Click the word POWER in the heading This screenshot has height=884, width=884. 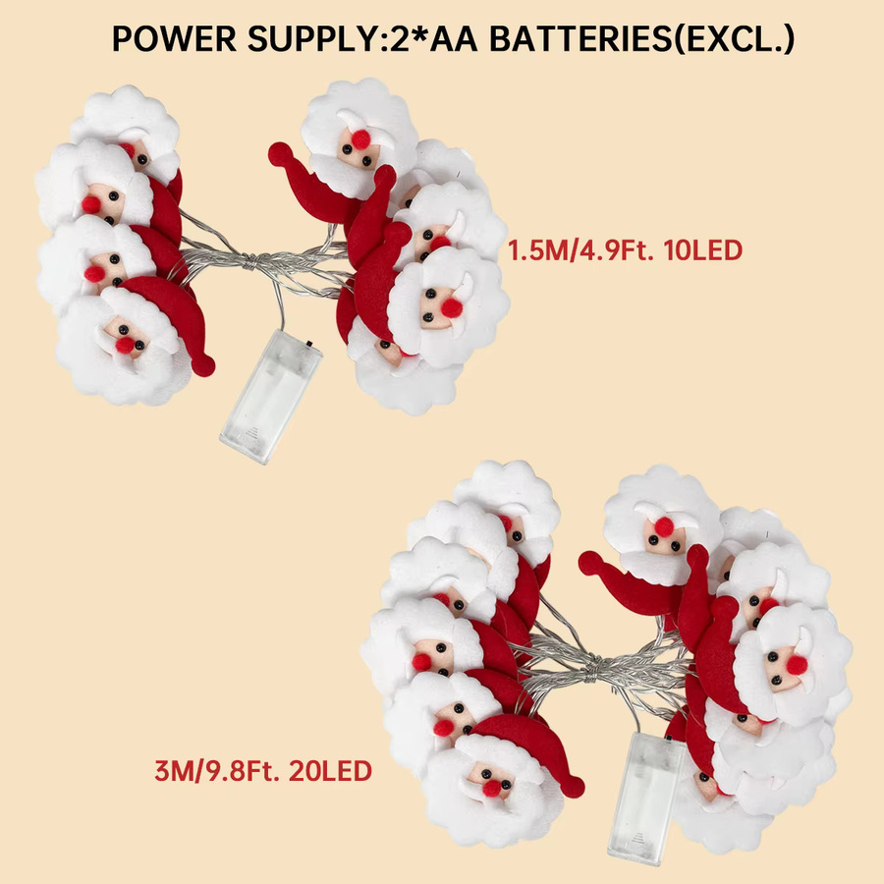point(174,39)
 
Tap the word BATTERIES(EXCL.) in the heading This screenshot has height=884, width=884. point(642,39)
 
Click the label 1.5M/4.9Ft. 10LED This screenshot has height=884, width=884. point(626,250)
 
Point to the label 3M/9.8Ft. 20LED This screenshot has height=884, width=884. point(263,771)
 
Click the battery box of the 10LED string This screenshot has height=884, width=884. point(271,396)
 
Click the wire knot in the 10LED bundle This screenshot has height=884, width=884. point(249,261)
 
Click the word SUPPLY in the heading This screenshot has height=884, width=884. point(312,39)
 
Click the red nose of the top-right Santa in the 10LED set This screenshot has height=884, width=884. point(360,139)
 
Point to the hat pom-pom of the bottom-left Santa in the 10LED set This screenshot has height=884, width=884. point(203,365)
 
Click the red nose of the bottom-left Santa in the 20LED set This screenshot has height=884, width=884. point(492,788)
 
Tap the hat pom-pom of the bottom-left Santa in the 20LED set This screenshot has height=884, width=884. point(573,787)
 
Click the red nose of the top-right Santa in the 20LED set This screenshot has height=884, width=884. point(664,526)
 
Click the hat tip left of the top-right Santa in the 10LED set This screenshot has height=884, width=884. point(280,154)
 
